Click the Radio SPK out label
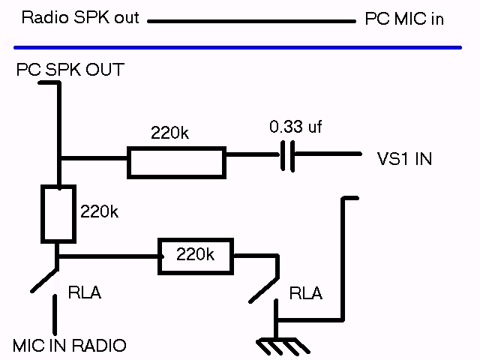[80, 17]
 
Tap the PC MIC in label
[403, 19]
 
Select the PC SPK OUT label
[70, 70]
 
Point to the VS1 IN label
[404, 159]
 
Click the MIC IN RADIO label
[70, 346]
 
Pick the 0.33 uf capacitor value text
[295, 127]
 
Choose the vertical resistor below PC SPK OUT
[58, 214]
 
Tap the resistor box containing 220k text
[195, 256]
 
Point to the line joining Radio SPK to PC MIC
[251, 21]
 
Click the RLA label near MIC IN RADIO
[84, 292]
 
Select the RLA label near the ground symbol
[305, 293]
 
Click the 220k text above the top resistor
[170, 133]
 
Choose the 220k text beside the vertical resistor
[99, 211]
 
